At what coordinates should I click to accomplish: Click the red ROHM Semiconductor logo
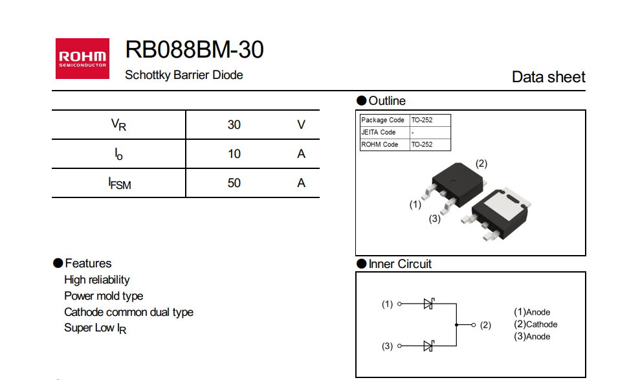click(82, 59)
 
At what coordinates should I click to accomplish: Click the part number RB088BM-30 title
click(194, 49)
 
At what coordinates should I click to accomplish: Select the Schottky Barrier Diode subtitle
click(184, 75)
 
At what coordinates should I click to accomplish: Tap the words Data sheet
click(548, 77)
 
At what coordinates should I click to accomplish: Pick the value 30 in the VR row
click(234, 124)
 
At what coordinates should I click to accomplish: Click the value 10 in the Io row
click(234, 153)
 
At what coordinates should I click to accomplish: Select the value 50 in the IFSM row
click(234, 183)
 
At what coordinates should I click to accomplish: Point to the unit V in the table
click(301, 124)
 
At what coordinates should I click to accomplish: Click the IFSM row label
click(119, 183)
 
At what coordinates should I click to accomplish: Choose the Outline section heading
click(386, 101)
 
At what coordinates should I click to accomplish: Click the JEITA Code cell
click(379, 132)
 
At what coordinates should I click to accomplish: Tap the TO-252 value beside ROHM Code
click(422, 144)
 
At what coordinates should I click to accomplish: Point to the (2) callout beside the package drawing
click(481, 163)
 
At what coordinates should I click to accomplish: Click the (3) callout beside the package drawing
click(435, 219)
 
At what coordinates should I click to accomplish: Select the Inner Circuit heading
click(399, 264)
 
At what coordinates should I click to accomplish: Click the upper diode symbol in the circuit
click(428, 304)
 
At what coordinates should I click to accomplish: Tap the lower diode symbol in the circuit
click(428, 346)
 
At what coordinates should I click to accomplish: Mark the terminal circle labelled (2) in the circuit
click(474, 325)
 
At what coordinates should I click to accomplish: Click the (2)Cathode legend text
click(535, 324)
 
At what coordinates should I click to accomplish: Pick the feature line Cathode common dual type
click(128, 312)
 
